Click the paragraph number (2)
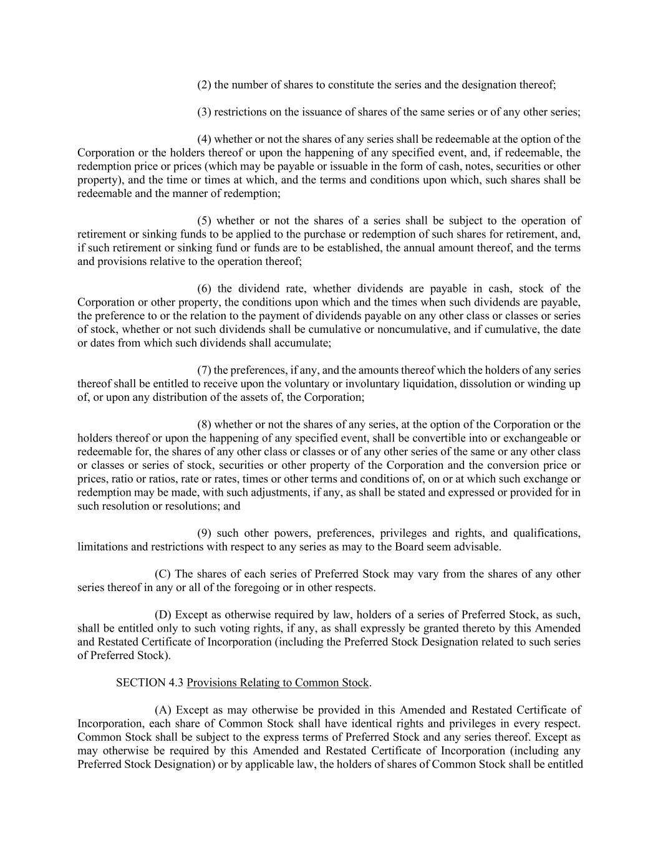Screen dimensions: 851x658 tap(204, 85)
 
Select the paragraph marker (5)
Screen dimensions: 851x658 tap(204, 221)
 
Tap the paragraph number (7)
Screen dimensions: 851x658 tap(204, 370)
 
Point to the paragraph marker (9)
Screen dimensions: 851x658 tap(204, 533)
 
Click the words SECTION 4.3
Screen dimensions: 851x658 tap(150, 683)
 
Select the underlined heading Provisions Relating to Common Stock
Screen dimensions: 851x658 tap(278, 683)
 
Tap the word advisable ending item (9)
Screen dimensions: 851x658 tap(477, 547)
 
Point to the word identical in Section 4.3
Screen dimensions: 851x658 tap(344, 724)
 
